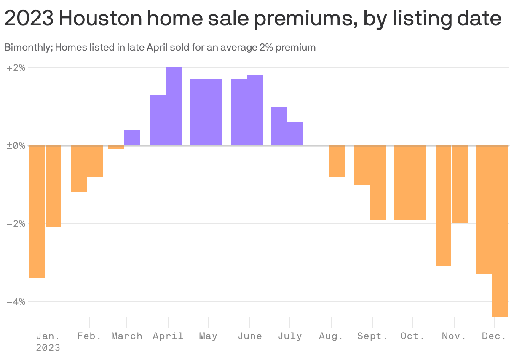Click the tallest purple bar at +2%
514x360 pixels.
click(174, 106)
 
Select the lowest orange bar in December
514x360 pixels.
click(500, 231)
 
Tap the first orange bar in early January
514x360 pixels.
click(37, 212)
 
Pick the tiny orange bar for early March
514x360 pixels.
click(116, 148)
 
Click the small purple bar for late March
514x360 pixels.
click(132, 138)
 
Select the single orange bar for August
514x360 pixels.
click(337, 161)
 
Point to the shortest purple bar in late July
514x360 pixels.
click(295, 134)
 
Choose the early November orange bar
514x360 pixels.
click(443, 206)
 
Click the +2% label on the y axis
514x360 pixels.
click(16, 67)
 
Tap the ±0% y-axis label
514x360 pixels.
click(16, 146)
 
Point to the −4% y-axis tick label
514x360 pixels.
click(16, 302)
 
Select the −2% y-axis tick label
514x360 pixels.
click(16, 224)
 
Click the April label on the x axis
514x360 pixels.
click(168, 336)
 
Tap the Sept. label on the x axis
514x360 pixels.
click(372, 336)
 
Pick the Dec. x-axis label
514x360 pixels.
click(494, 336)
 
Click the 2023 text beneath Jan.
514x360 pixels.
click(48, 348)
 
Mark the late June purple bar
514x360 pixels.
click(255, 110)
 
